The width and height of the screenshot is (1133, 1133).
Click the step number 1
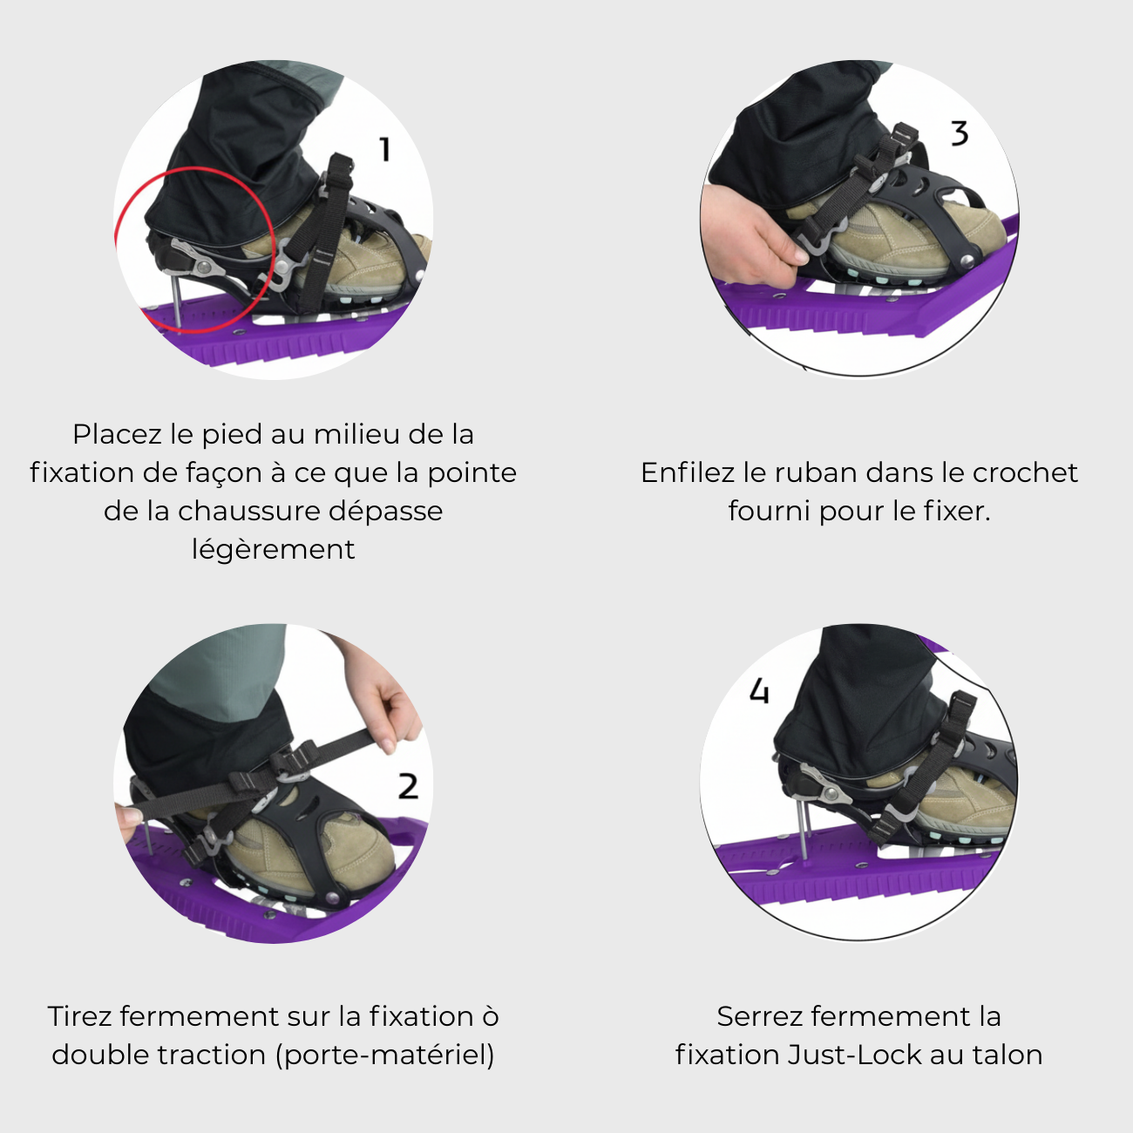(x=384, y=149)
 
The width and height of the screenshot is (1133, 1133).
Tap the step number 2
(x=408, y=786)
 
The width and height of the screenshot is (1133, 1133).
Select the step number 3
(x=959, y=133)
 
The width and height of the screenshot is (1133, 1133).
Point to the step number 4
(x=759, y=691)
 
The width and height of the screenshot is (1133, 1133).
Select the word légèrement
(x=273, y=549)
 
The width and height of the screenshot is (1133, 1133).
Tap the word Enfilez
(x=688, y=472)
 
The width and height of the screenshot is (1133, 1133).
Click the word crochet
(x=1025, y=472)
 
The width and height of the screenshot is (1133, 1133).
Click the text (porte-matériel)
(x=384, y=1055)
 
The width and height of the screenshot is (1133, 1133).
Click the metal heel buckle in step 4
(x=824, y=789)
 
